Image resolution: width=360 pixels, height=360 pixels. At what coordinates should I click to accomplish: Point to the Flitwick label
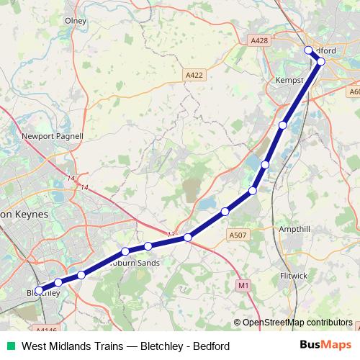(x=293, y=276)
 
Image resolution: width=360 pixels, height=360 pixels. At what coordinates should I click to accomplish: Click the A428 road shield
(x=261, y=41)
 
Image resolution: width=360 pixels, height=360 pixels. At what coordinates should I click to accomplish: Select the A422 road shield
(x=194, y=74)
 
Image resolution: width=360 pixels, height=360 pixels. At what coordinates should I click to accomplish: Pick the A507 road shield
(x=238, y=235)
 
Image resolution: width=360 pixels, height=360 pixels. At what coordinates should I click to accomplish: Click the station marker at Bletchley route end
(x=39, y=291)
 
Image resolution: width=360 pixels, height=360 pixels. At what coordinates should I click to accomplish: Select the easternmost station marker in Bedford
(x=321, y=62)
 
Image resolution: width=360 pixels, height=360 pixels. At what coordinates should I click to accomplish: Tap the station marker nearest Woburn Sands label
(x=125, y=251)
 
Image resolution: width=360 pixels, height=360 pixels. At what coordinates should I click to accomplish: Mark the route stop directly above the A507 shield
(x=225, y=211)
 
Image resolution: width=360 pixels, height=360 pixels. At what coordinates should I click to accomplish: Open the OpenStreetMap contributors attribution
(x=297, y=323)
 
